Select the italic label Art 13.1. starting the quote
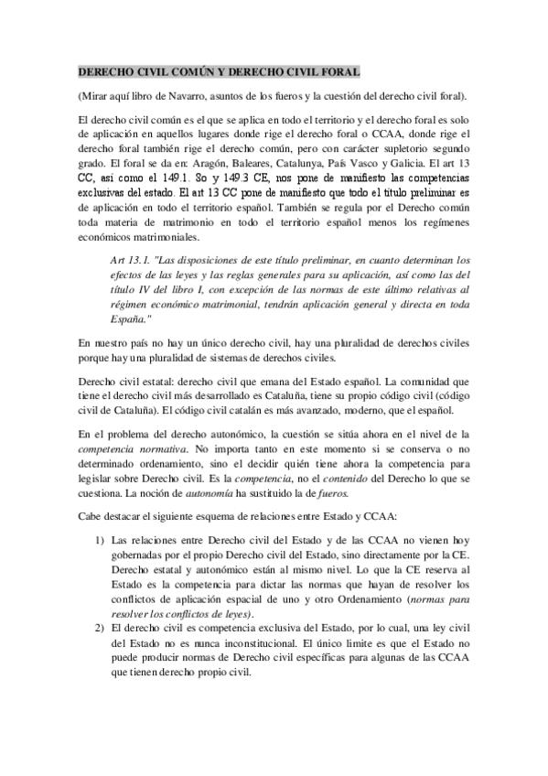coord(129,258)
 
